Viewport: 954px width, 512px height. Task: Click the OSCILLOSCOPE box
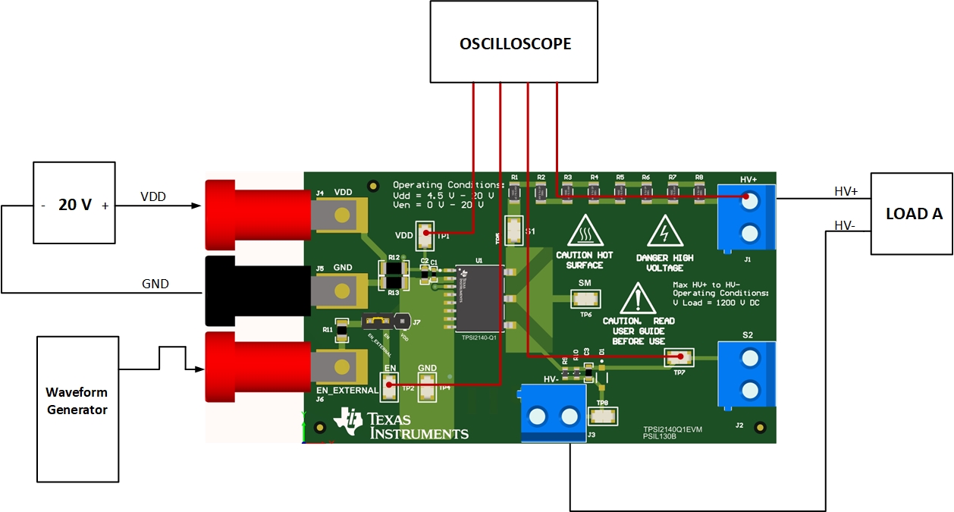(x=515, y=42)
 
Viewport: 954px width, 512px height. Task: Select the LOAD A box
(x=912, y=213)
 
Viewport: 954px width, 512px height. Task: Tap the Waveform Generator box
(x=77, y=410)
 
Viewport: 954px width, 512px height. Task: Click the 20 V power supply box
(x=74, y=203)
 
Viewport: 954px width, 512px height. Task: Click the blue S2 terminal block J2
(x=746, y=373)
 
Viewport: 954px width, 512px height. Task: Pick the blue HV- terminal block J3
(x=553, y=414)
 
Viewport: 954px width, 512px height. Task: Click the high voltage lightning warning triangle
(x=664, y=231)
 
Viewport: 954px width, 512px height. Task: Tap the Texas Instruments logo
(x=402, y=425)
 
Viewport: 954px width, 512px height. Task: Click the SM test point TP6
(x=585, y=299)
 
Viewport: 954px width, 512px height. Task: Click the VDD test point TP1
(x=425, y=235)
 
